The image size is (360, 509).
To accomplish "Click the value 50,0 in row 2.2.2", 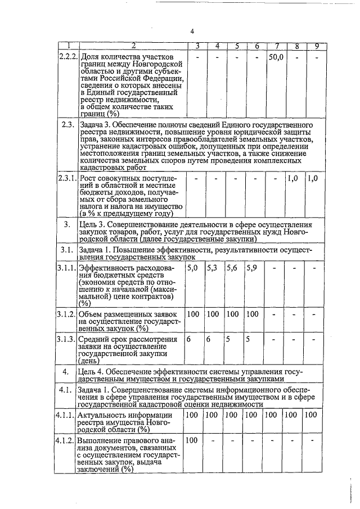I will click(x=276, y=57).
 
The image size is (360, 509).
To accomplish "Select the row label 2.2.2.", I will click(x=69, y=57).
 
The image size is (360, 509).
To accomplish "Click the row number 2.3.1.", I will click(x=69, y=178).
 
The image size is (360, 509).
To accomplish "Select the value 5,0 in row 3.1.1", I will click(x=192, y=268).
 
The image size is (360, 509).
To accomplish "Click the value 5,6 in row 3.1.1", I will click(x=232, y=268).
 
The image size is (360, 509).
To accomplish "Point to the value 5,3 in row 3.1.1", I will click(x=212, y=268).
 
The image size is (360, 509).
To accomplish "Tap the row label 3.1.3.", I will click(x=69, y=339).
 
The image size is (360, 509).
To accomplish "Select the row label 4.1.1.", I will click(x=69, y=415).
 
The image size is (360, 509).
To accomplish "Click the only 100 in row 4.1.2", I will click(x=192, y=440).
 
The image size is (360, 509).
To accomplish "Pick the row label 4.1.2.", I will click(x=69, y=440).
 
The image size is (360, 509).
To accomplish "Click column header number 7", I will click(x=276, y=46).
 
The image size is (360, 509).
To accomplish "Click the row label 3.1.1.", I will click(x=69, y=268).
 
